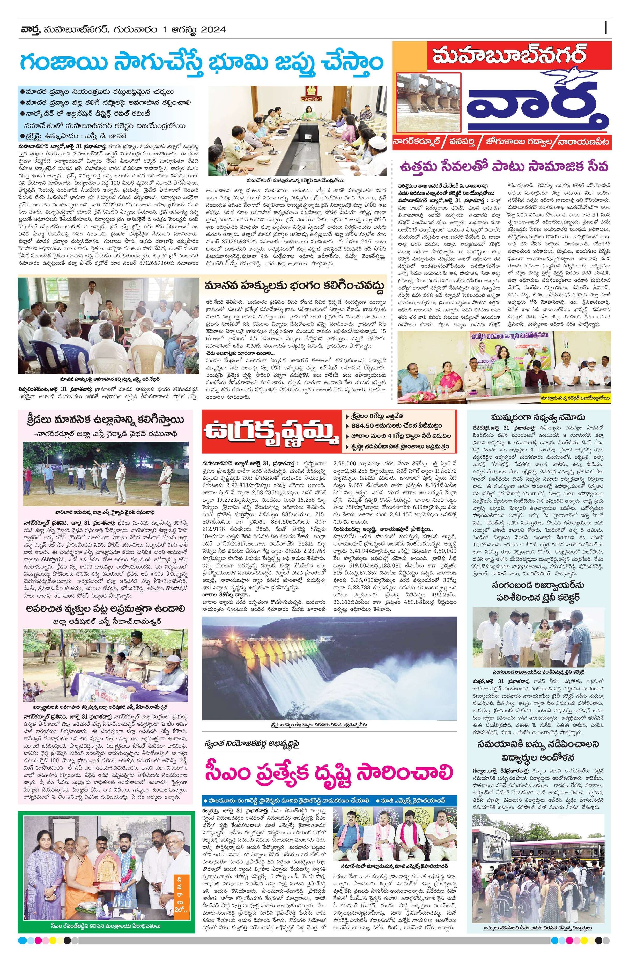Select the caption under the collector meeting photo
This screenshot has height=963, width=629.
click(x=297, y=181)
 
